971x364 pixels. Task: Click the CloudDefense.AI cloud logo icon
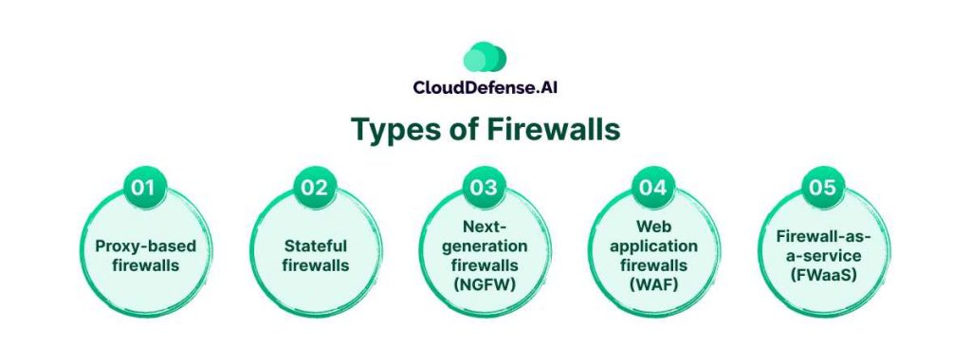tap(485, 58)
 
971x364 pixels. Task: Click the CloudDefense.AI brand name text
tap(485, 87)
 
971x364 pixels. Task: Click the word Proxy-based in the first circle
tap(145, 247)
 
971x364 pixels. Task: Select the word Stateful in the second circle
tap(315, 246)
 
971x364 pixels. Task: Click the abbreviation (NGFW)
tap(485, 285)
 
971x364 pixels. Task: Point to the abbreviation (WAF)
tap(654, 285)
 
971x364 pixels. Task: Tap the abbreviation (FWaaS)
tap(824, 276)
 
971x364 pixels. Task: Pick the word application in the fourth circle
tap(654, 247)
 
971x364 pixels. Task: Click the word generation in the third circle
tap(485, 247)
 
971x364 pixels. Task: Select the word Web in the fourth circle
tap(654, 227)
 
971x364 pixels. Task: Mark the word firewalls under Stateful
tap(315, 265)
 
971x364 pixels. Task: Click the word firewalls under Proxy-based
tap(145, 265)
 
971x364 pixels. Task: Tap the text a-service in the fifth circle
tap(824, 256)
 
